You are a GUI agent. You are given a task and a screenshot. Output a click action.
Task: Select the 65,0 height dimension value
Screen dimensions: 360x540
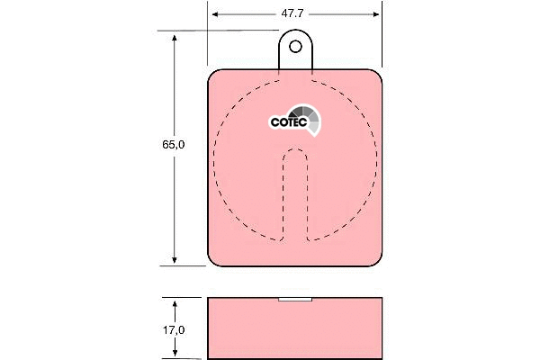pyautogui.click(x=162, y=144)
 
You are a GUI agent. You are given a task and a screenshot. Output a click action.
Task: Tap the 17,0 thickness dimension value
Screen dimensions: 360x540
pyautogui.click(x=175, y=329)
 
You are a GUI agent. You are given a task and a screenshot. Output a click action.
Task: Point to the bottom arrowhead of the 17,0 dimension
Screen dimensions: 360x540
pyautogui.click(x=175, y=355)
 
